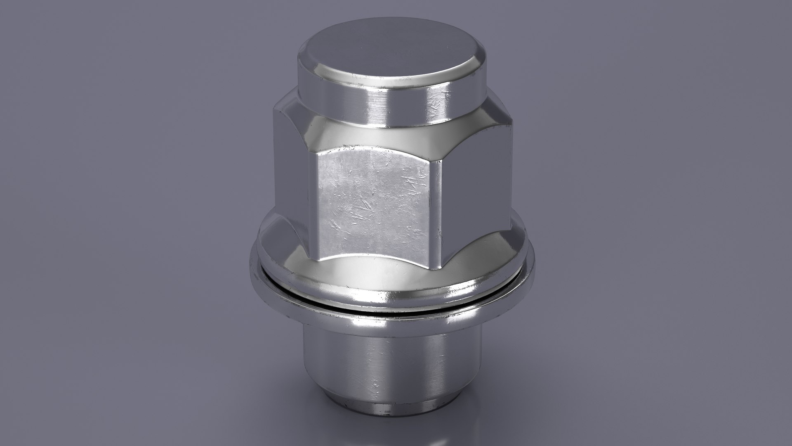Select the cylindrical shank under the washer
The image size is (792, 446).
[388, 363]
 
